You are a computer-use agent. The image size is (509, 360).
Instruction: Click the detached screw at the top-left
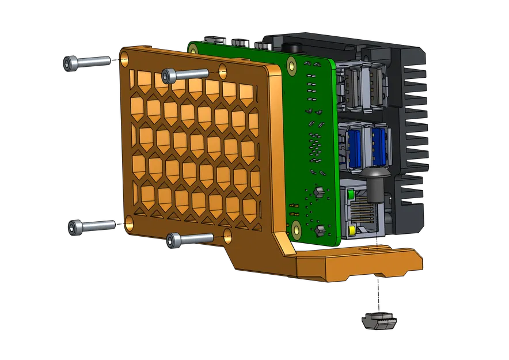pos(86,62)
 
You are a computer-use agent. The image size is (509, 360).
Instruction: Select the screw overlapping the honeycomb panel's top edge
pos(184,74)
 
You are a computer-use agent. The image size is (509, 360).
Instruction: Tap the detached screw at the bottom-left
pos(92,226)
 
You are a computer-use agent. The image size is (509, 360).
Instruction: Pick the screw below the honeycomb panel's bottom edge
pos(189,238)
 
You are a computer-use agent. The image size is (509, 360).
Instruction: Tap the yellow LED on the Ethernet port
pos(351,231)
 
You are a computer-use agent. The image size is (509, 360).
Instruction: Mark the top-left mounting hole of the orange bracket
pos(125,56)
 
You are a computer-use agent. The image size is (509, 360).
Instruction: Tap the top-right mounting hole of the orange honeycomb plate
pos(223,70)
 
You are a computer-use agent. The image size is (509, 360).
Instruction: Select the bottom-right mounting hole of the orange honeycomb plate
pos(227,234)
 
